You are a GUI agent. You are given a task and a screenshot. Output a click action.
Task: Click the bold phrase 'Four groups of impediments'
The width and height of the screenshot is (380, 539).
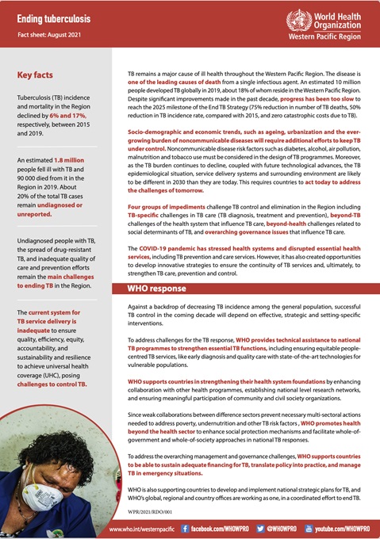click(x=165, y=205)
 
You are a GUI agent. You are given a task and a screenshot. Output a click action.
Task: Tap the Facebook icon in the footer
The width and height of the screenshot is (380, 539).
click(x=185, y=527)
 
